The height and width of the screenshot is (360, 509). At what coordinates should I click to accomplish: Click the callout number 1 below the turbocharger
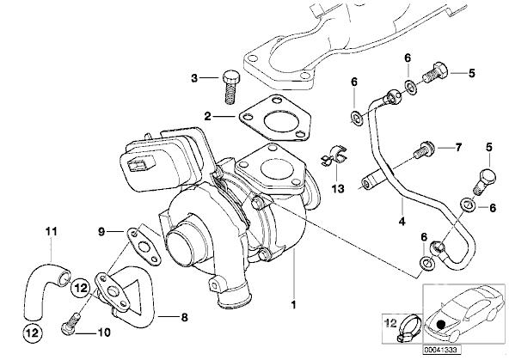coord(293,305)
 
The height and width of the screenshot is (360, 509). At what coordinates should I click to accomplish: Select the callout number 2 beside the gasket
coord(207,116)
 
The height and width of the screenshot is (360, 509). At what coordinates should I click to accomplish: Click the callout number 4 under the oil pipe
coord(402,221)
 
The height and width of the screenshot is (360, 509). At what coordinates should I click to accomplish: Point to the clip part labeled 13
coord(334,156)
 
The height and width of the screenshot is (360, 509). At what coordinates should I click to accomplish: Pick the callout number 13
coord(338,188)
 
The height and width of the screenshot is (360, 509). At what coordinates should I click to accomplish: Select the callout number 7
coord(458,148)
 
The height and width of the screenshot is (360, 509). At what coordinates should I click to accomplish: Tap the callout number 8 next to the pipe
coord(184,317)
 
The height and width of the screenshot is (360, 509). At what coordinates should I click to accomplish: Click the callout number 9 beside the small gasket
coord(101,232)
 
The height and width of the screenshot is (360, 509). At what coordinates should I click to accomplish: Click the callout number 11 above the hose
coord(52,232)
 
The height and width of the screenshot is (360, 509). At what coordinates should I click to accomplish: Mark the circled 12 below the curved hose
coord(33,333)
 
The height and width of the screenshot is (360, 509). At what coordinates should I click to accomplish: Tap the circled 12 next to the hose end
coord(81,288)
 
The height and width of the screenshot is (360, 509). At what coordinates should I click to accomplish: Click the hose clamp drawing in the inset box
coord(409,328)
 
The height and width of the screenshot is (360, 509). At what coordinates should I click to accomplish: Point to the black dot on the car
coord(440,325)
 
